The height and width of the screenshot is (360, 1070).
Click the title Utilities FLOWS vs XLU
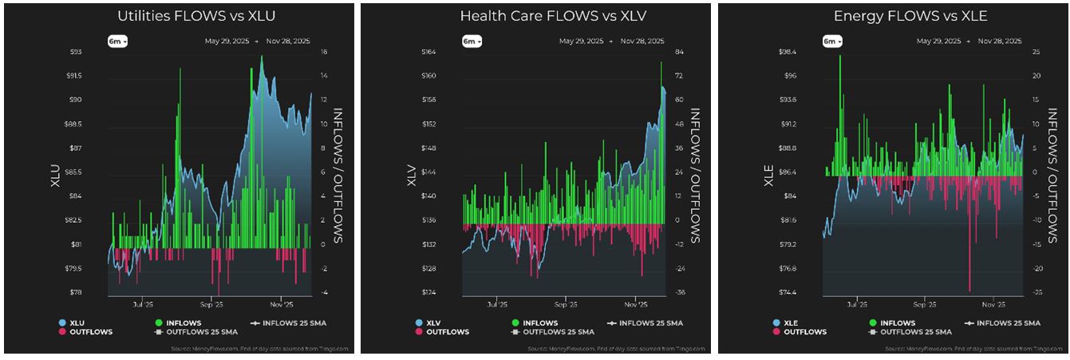coord(179,16)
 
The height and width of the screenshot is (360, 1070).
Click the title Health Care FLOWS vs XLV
coord(535,16)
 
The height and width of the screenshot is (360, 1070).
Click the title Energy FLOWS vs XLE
coord(894,16)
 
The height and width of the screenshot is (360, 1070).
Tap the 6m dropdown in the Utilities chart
coord(116,41)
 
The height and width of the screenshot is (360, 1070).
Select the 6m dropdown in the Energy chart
coord(831,41)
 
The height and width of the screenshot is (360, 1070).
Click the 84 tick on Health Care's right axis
coord(680,52)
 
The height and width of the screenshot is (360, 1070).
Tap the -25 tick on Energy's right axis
coord(1036,292)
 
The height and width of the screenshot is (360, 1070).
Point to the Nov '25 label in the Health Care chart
coord(635,304)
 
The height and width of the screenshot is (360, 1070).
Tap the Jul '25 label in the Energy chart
coord(857,304)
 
